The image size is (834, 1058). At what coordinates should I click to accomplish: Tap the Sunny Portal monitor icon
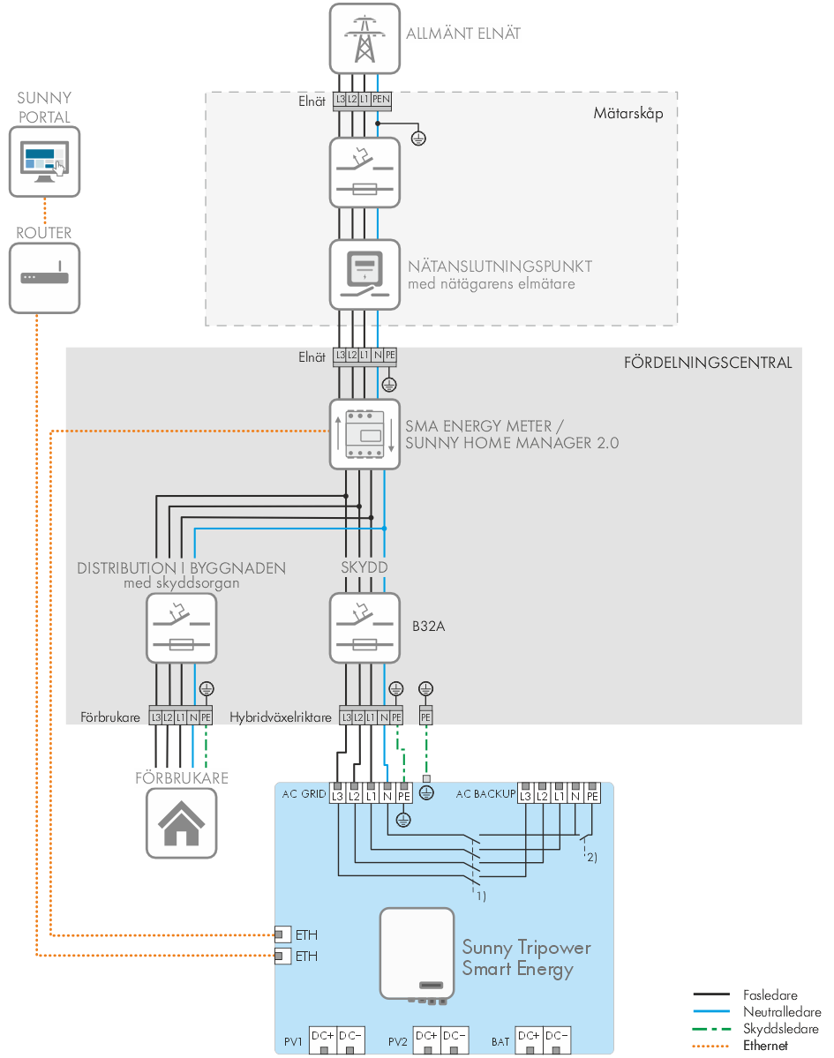44,161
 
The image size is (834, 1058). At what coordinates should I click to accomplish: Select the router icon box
44,277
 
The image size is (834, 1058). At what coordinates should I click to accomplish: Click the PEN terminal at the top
380,100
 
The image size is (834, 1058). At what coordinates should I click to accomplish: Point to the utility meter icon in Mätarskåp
364,274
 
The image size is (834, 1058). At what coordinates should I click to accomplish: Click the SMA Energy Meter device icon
364,433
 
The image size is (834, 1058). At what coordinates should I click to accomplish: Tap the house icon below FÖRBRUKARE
181,822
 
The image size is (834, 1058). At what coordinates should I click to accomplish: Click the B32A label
427,629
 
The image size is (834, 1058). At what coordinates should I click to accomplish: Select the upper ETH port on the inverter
282,934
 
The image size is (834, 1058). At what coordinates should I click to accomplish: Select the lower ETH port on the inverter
282,956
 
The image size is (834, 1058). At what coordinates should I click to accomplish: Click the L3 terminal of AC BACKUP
526,796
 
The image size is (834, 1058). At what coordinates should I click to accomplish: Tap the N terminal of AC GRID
387,796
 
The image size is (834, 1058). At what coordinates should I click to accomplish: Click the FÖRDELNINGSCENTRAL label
708,363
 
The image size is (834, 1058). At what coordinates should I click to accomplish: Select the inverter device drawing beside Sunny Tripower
417,954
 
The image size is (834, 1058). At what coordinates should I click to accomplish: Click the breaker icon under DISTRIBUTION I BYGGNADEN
181,628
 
